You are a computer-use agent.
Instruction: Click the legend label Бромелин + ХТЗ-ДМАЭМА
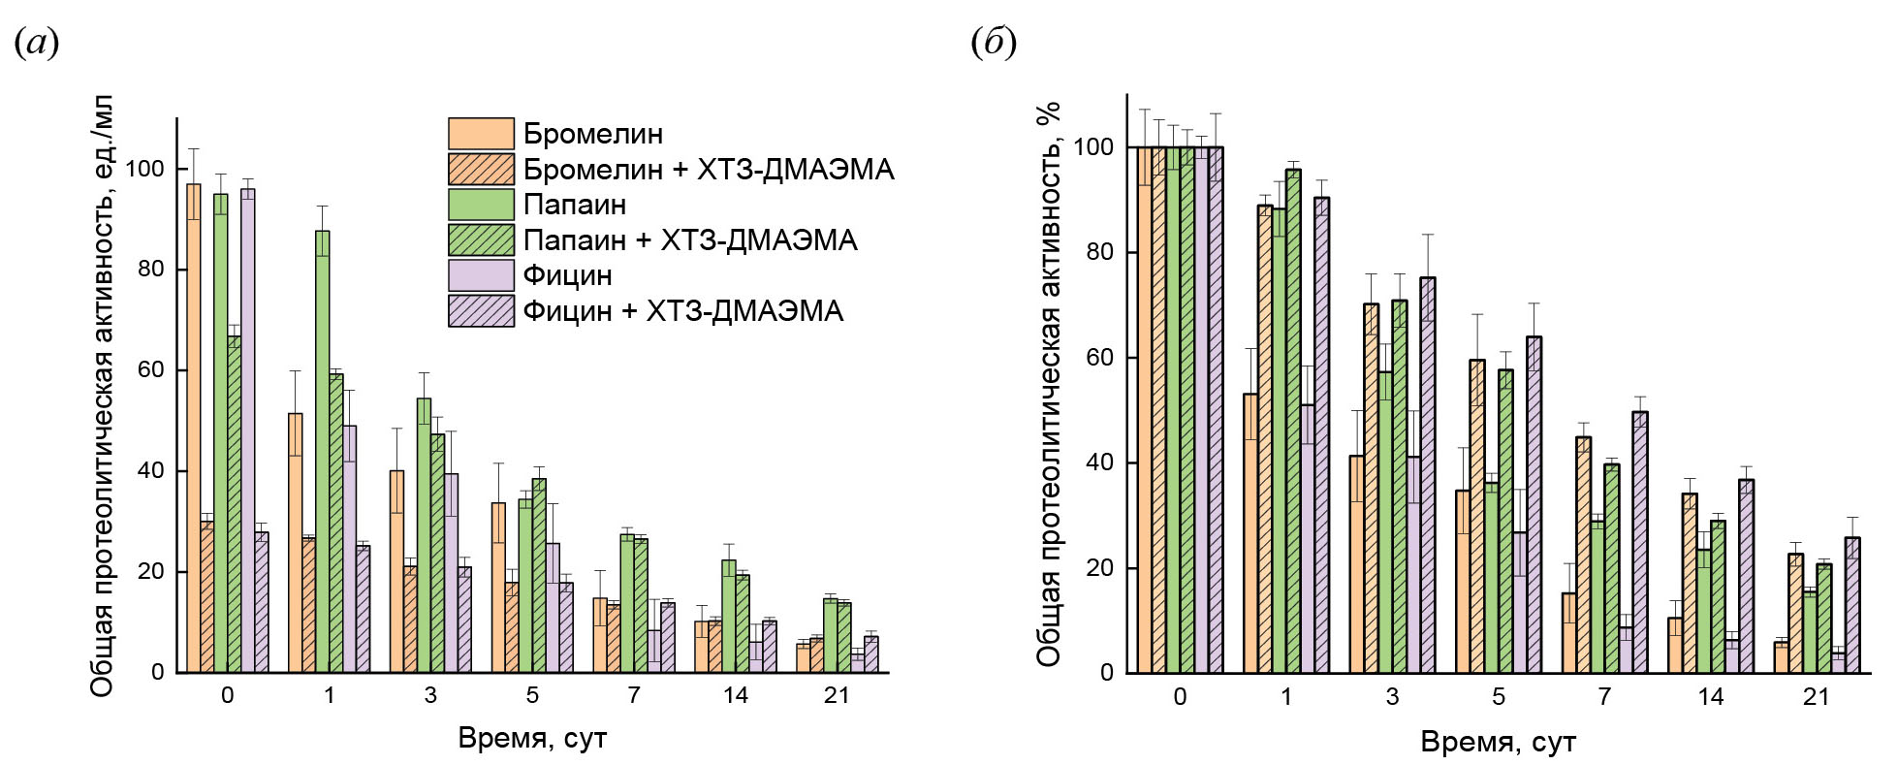click(x=708, y=170)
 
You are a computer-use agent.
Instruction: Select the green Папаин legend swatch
click(x=481, y=205)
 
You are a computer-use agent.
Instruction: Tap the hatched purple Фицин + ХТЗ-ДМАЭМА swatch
click(x=481, y=310)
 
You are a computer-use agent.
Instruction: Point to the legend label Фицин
click(x=567, y=275)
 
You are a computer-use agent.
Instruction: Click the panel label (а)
click(x=37, y=43)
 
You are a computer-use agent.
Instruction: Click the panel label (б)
click(x=994, y=43)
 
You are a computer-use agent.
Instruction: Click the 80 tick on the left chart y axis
click(x=151, y=270)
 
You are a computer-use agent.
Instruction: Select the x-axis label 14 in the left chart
click(x=735, y=695)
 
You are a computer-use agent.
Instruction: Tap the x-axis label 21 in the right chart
click(x=1816, y=697)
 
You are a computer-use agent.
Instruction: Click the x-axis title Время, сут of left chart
click(x=532, y=739)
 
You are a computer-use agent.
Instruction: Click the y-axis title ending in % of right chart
click(x=1049, y=383)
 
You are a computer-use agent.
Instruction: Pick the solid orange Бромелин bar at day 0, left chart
click(x=194, y=427)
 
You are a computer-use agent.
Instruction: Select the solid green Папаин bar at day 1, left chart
click(x=322, y=451)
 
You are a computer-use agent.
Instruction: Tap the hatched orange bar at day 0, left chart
click(x=207, y=596)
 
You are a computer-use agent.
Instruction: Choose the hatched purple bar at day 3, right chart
click(x=1427, y=475)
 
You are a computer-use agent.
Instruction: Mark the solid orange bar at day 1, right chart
click(x=1250, y=533)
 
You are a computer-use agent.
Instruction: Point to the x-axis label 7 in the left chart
click(x=634, y=695)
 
